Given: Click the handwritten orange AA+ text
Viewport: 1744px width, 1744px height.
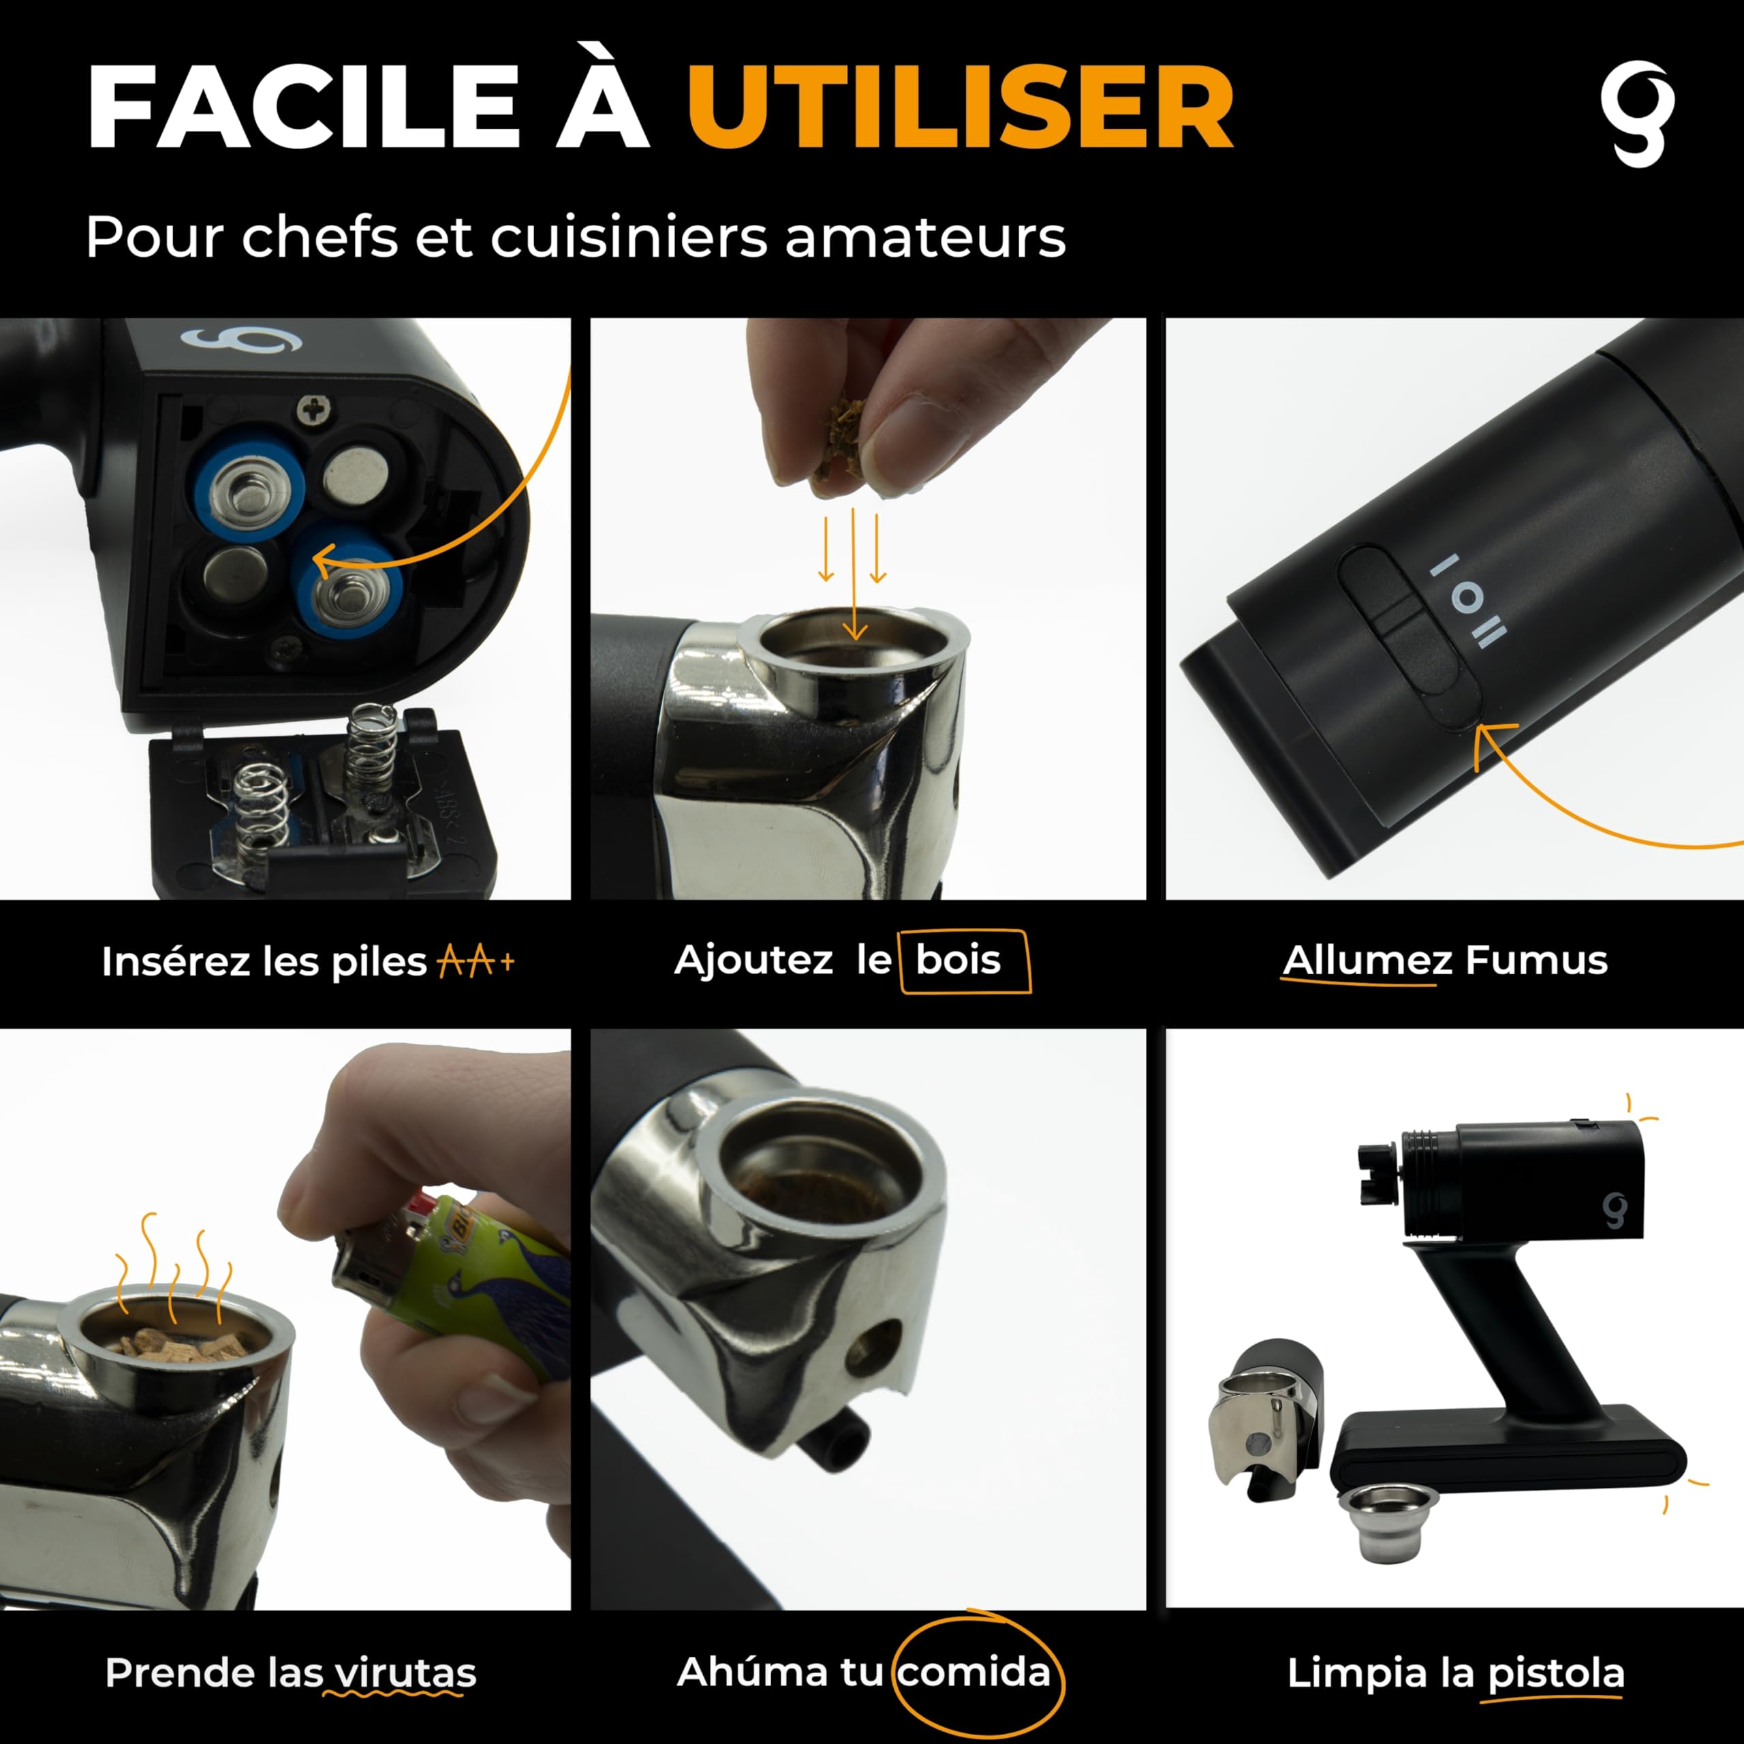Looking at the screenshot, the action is tap(476, 963).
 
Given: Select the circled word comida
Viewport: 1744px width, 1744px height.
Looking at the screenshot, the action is tap(974, 1672).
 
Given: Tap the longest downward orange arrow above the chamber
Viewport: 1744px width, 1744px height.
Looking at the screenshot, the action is tap(854, 573).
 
